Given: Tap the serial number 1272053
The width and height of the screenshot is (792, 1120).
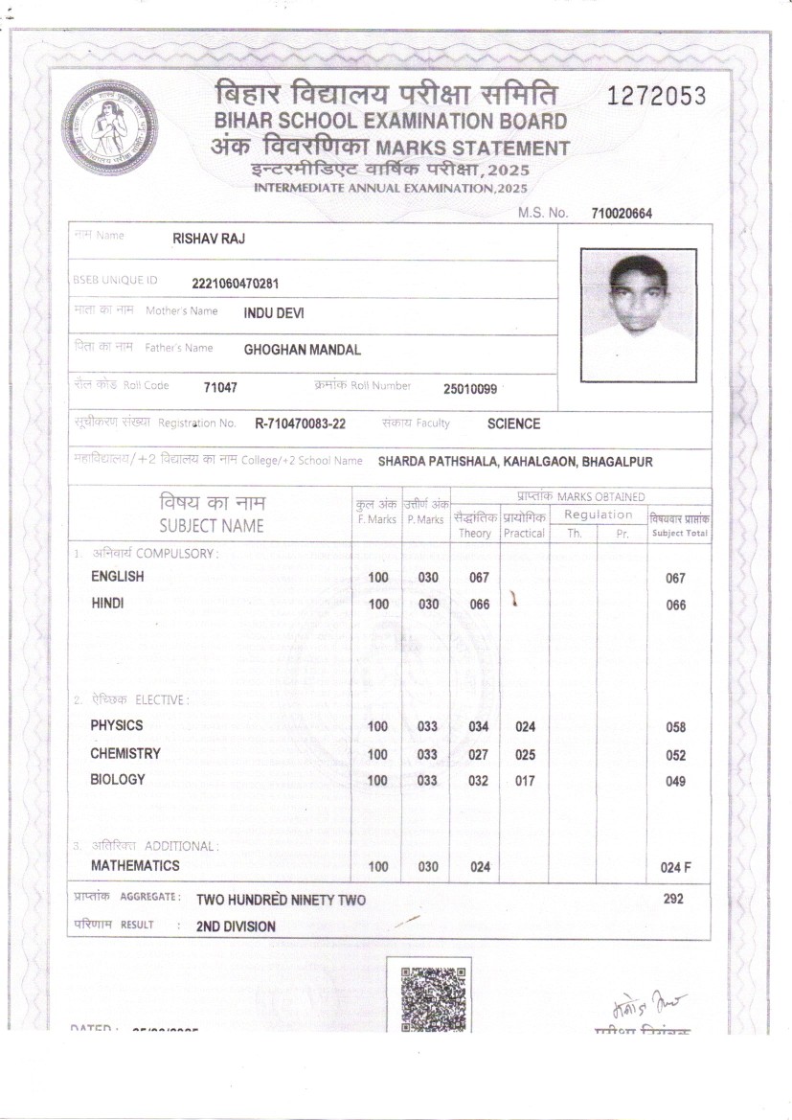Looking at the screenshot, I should [657, 96].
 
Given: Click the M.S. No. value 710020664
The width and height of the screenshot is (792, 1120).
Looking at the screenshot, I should [622, 214].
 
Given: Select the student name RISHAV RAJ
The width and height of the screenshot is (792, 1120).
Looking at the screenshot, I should [208, 239].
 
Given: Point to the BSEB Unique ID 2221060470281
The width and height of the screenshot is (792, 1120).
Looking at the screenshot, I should [236, 283].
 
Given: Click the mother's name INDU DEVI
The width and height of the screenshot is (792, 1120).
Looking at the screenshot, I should [274, 312].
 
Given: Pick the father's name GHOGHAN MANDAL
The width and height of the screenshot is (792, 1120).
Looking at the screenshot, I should [302, 350].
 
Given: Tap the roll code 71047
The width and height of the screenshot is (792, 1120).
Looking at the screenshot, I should [220, 388].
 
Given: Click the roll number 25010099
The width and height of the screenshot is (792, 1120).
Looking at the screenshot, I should [470, 389].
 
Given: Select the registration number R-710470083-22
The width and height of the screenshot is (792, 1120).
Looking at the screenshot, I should [301, 423].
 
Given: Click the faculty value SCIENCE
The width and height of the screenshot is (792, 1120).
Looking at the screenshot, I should [513, 423].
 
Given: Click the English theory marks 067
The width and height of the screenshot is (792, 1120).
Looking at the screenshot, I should [479, 578].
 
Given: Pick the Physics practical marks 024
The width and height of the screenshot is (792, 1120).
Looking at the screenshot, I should [525, 727].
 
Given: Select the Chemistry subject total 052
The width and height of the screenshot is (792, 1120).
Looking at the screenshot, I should [675, 756].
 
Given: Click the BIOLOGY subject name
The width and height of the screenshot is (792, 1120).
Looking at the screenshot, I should [118, 779].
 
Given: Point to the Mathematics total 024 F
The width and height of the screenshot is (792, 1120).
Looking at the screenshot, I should [675, 867].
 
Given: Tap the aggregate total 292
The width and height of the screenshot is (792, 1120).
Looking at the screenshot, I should [673, 899].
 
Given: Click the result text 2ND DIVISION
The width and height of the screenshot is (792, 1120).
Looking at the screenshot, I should [236, 926].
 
